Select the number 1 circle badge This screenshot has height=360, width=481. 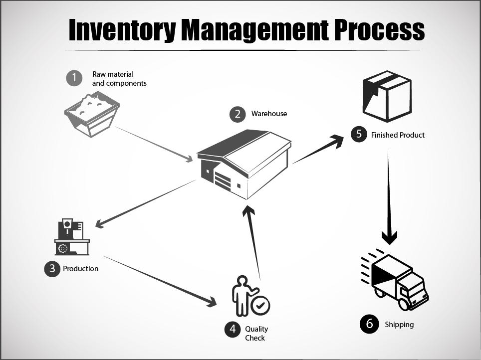[x=74, y=78]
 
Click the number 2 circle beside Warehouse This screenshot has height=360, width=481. [x=238, y=114]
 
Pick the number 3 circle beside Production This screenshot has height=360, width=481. [x=52, y=269]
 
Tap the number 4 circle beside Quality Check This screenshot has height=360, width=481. [x=233, y=330]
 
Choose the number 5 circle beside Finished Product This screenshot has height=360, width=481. [x=359, y=135]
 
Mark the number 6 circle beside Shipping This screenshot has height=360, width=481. [x=369, y=324]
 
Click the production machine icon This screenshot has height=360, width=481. [x=71, y=237]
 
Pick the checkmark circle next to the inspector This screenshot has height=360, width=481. [x=260, y=305]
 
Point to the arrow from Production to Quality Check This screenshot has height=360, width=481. [x=160, y=280]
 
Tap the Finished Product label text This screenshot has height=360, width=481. [x=398, y=135]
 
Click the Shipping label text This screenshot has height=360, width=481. [x=399, y=325]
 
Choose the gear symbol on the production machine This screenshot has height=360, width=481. [x=63, y=248]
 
